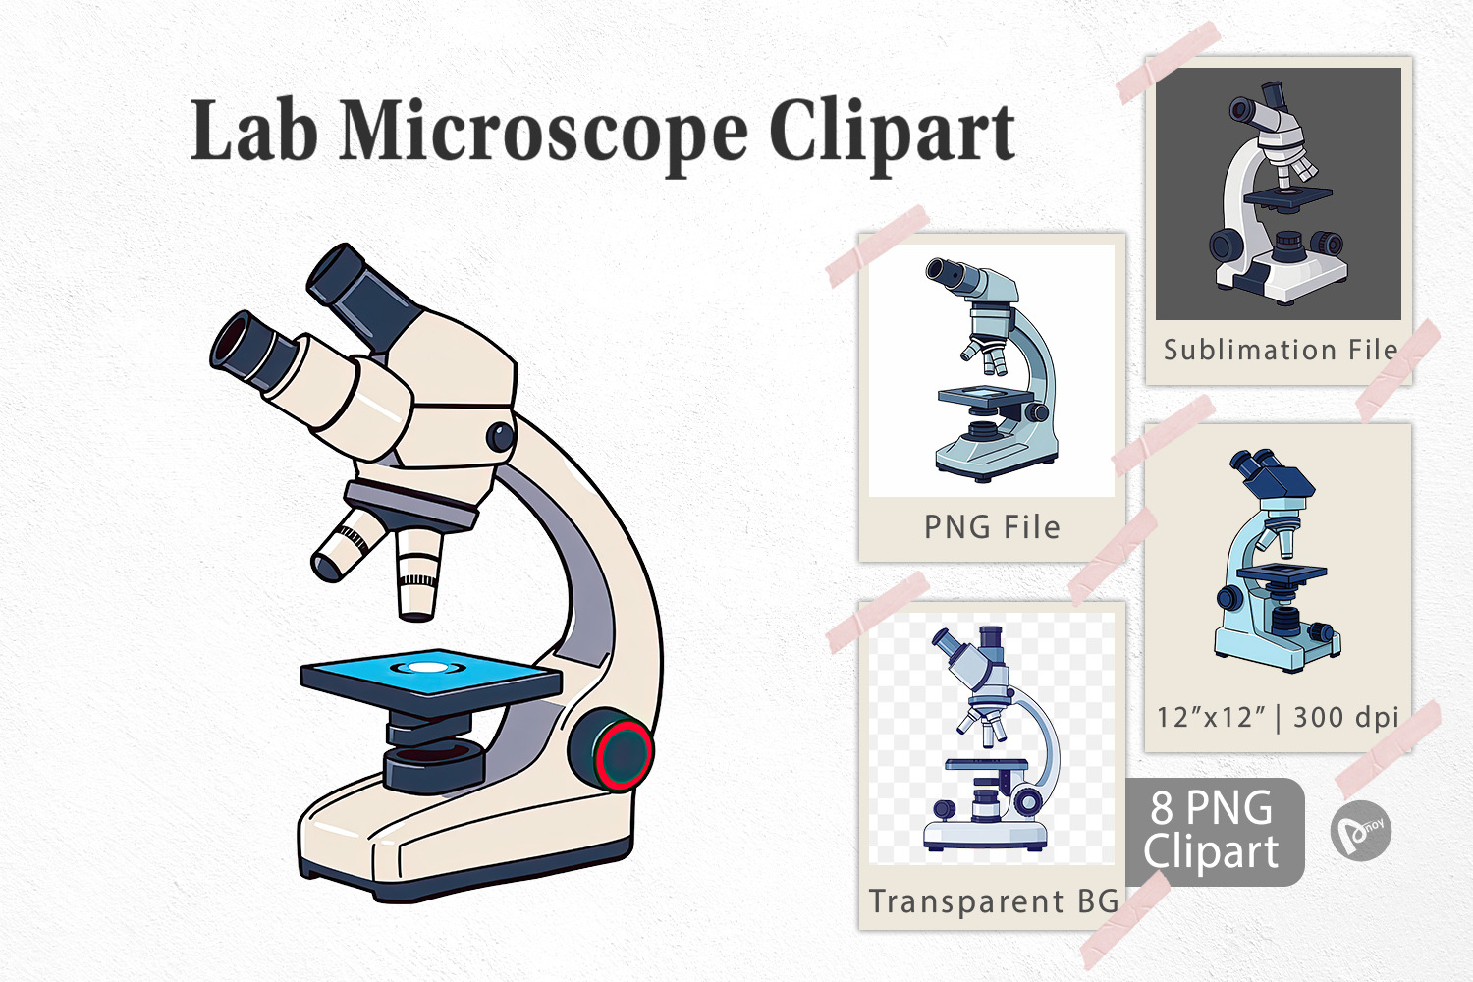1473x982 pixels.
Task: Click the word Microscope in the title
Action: [x=543, y=133]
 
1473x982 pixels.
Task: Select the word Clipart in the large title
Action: [x=893, y=135]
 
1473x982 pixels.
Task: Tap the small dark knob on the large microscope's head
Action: [x=501, y=437]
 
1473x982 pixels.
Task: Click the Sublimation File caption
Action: [x=1280, y=350]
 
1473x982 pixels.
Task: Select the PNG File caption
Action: [x=992, y=527]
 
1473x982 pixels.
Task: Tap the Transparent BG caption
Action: [x=993, y=901]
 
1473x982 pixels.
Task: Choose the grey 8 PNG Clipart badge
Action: [x=1214, y=832]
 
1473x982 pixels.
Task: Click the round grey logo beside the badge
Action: [x=1360, y=831]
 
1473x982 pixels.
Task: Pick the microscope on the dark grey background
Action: [x=1279, y=192]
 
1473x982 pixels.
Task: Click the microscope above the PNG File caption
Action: [x=992, y=369]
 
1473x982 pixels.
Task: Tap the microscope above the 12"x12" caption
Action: [x=1277, y=561]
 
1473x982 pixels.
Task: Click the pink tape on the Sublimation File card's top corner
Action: [x=1168, y=63]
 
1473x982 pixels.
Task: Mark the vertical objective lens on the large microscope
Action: [x=418, y=573]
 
